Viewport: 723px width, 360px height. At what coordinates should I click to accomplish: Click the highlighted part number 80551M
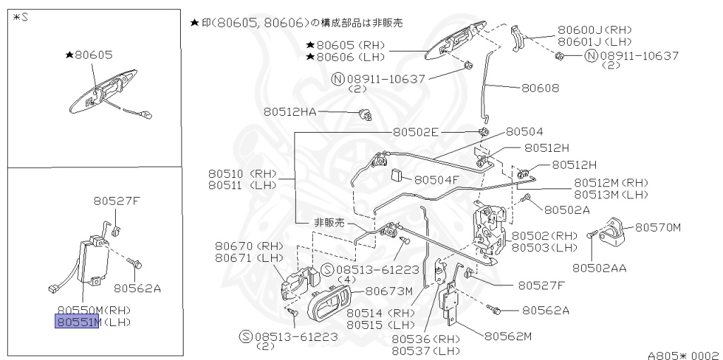pos(78,323)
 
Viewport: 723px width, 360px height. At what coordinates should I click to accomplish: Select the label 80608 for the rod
pos(540,89)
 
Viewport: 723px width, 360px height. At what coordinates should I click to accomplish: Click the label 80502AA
pos(599,268)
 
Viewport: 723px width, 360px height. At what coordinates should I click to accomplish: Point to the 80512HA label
pos(290,112)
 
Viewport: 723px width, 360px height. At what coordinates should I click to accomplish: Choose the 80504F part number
pos(436,179)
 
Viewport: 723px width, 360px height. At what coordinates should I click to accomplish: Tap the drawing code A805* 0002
pos(683,355)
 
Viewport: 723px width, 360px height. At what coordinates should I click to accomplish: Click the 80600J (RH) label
pos(594,30)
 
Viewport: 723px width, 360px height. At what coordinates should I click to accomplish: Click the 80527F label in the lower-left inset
pos(117,200)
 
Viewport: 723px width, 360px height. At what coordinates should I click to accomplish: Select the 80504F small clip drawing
pos(398,174)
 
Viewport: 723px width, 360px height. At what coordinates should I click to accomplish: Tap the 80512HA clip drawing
pos(365,114)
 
